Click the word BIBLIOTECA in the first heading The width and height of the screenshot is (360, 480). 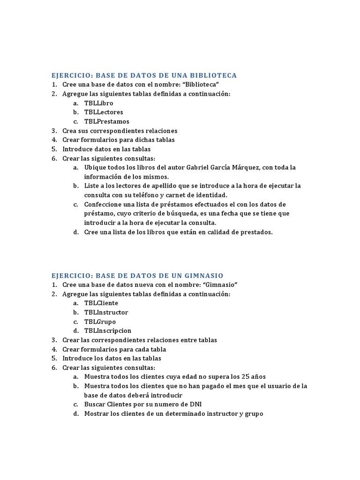click(x=215, y=75)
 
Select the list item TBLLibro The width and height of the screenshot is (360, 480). click(x=98, y=103)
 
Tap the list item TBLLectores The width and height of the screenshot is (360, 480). click(x=104, y=112)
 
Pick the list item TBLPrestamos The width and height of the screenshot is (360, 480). click(x=106, y=121)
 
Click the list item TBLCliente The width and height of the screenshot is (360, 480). click(x=101, y=303)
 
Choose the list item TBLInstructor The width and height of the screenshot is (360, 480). click(x=106, y=313)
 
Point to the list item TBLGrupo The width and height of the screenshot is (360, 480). click(x=100, y=322)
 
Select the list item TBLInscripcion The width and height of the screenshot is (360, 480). click(x=108, y=331)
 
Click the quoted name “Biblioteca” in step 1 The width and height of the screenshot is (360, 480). click(x=202, y=85)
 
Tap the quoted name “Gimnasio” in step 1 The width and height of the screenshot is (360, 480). click(x=220, y=285)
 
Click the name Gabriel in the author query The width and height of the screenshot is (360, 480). click(x=199, y=167)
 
